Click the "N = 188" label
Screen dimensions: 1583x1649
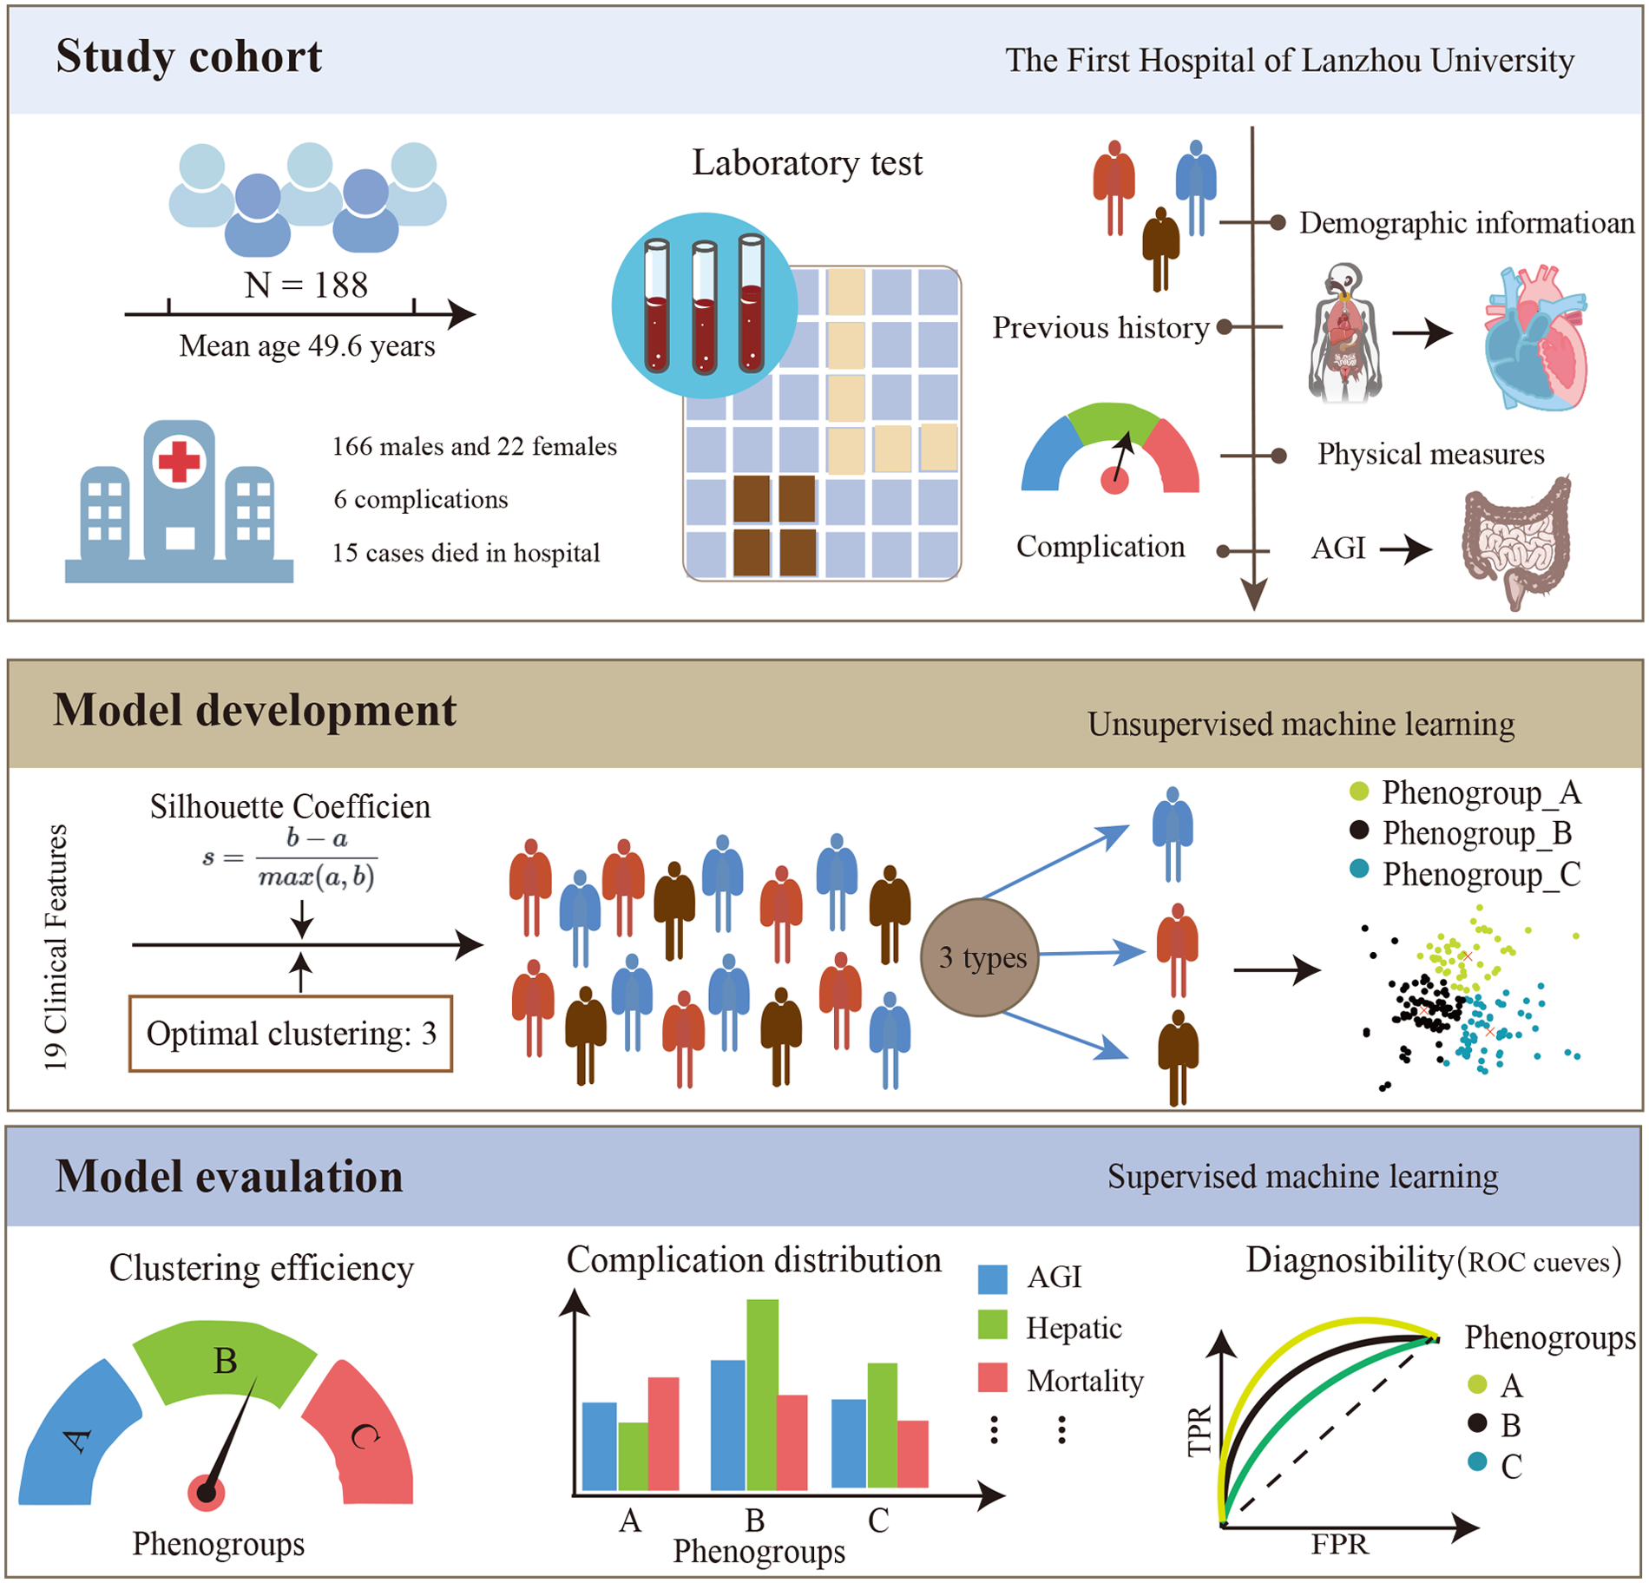pyautogui.click(x=306, y=285)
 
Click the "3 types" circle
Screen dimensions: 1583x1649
pyautogui.click(x=981, y=957)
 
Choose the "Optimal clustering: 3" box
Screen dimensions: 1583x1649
pyautogui.click(x=291, y=1034)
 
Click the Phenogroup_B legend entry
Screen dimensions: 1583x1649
pyautogui.click(x=1475, y=833)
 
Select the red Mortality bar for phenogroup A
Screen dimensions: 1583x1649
pyautogui.click(x=663, y=1434)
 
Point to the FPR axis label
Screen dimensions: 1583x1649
pyautogui.click(x=1339, y=1544)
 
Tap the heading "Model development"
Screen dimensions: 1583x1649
pyautogui.click(x=254, y=710)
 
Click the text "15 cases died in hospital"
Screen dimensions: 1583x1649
pyautogui.click(x=466, y=553)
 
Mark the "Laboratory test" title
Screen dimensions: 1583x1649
pyautogui.click(x=806, y=163)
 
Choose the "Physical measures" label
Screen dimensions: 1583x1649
pyautogui.click(x=1430, y=454)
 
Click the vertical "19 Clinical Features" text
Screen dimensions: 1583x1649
pyautogui.click(x=56, y=947)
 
